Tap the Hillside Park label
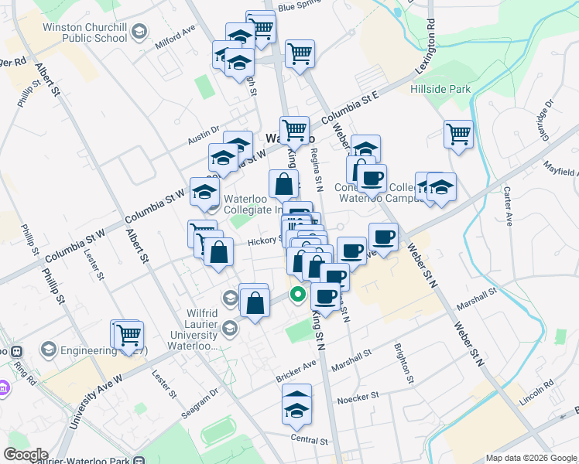click(x=440, y=89)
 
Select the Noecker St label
click(x=357, y=398)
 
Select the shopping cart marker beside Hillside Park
click(x=458, y=134)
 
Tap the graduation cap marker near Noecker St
click(x=296, y=403)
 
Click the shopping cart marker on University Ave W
click(x=129, y=336)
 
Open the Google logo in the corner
click(x=25, y=455)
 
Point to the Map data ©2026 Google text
click(x=532, y=458)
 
